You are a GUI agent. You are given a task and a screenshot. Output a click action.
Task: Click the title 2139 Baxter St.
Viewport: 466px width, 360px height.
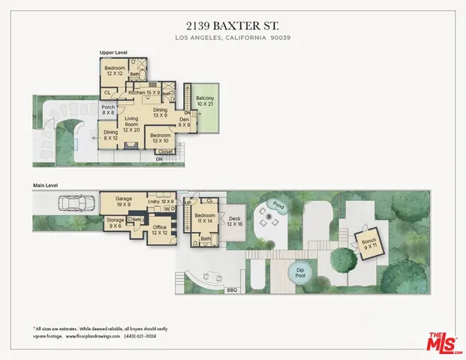[x=233, y=24]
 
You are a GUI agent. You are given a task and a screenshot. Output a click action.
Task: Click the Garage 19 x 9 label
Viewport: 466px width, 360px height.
[x=123, y=202]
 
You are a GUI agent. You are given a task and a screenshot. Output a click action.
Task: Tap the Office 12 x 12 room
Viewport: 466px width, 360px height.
[x=158, y=230]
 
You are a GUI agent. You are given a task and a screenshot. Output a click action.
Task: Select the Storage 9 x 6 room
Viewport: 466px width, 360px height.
[x=115, y=223]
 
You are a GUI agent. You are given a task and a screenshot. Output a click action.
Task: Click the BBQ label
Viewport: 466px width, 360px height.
[x=230, y=289]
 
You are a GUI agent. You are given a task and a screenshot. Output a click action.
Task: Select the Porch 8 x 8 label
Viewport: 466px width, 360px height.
[x=108, y=109]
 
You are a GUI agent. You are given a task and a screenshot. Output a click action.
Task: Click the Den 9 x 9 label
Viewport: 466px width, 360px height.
[x=185, y=123]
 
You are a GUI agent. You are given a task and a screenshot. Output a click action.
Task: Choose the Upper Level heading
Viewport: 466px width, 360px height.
[x=114, y=53]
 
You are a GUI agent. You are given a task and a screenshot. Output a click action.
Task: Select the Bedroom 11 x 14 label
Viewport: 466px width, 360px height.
[x=205, y=217]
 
